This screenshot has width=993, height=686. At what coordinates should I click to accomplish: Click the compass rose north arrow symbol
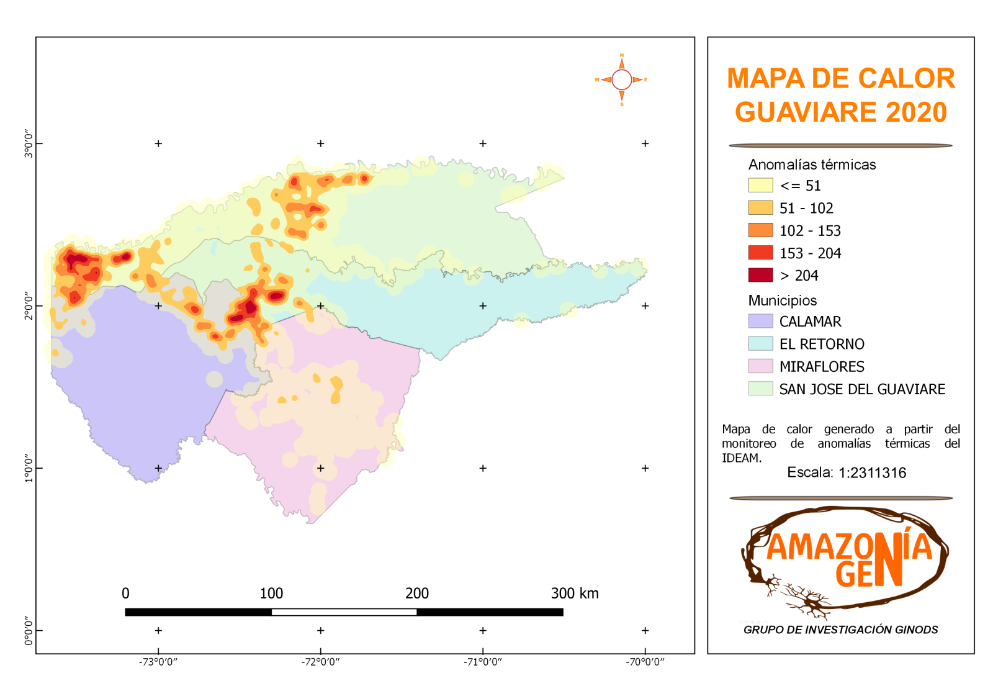click(x=621, y=63)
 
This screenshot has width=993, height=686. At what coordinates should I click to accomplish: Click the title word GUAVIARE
click(x=806, y=112)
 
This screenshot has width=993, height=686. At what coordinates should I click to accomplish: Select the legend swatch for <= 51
click(x=760, y=185)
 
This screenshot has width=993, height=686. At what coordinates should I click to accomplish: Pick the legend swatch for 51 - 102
click(x=760, y=207)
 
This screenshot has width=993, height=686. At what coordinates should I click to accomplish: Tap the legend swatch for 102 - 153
click(x=760, y=230)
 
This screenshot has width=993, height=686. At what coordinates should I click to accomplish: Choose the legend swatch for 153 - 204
click(x=760, y=253)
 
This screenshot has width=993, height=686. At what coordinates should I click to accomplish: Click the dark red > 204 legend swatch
click(x=760, y=275)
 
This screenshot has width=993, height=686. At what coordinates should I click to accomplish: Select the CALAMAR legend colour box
click(x=760, y=321)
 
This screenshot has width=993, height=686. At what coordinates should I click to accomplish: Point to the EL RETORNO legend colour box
click(x=760, y=343)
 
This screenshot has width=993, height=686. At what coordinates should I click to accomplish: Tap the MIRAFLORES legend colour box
click(x=760, y=366)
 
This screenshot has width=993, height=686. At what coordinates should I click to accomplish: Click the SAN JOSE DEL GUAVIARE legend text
click(x=862, y=389)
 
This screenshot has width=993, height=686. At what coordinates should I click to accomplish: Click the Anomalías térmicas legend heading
click(x=812, y=165)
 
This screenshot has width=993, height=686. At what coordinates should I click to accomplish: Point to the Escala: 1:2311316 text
click(x=847, y=472)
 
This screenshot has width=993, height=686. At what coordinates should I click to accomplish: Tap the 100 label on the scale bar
click(x=271, y=593)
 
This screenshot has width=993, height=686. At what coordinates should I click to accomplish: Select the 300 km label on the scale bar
click(x=575, y=593)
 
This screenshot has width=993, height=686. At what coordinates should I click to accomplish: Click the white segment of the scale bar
click(x=344, y=612)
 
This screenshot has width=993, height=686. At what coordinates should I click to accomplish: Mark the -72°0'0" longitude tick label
click(x=321, y=662)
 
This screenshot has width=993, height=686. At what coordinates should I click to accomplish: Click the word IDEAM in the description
click(x=740, y=458)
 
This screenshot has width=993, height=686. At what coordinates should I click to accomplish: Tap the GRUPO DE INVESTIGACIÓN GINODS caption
click(x=840, y=630)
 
